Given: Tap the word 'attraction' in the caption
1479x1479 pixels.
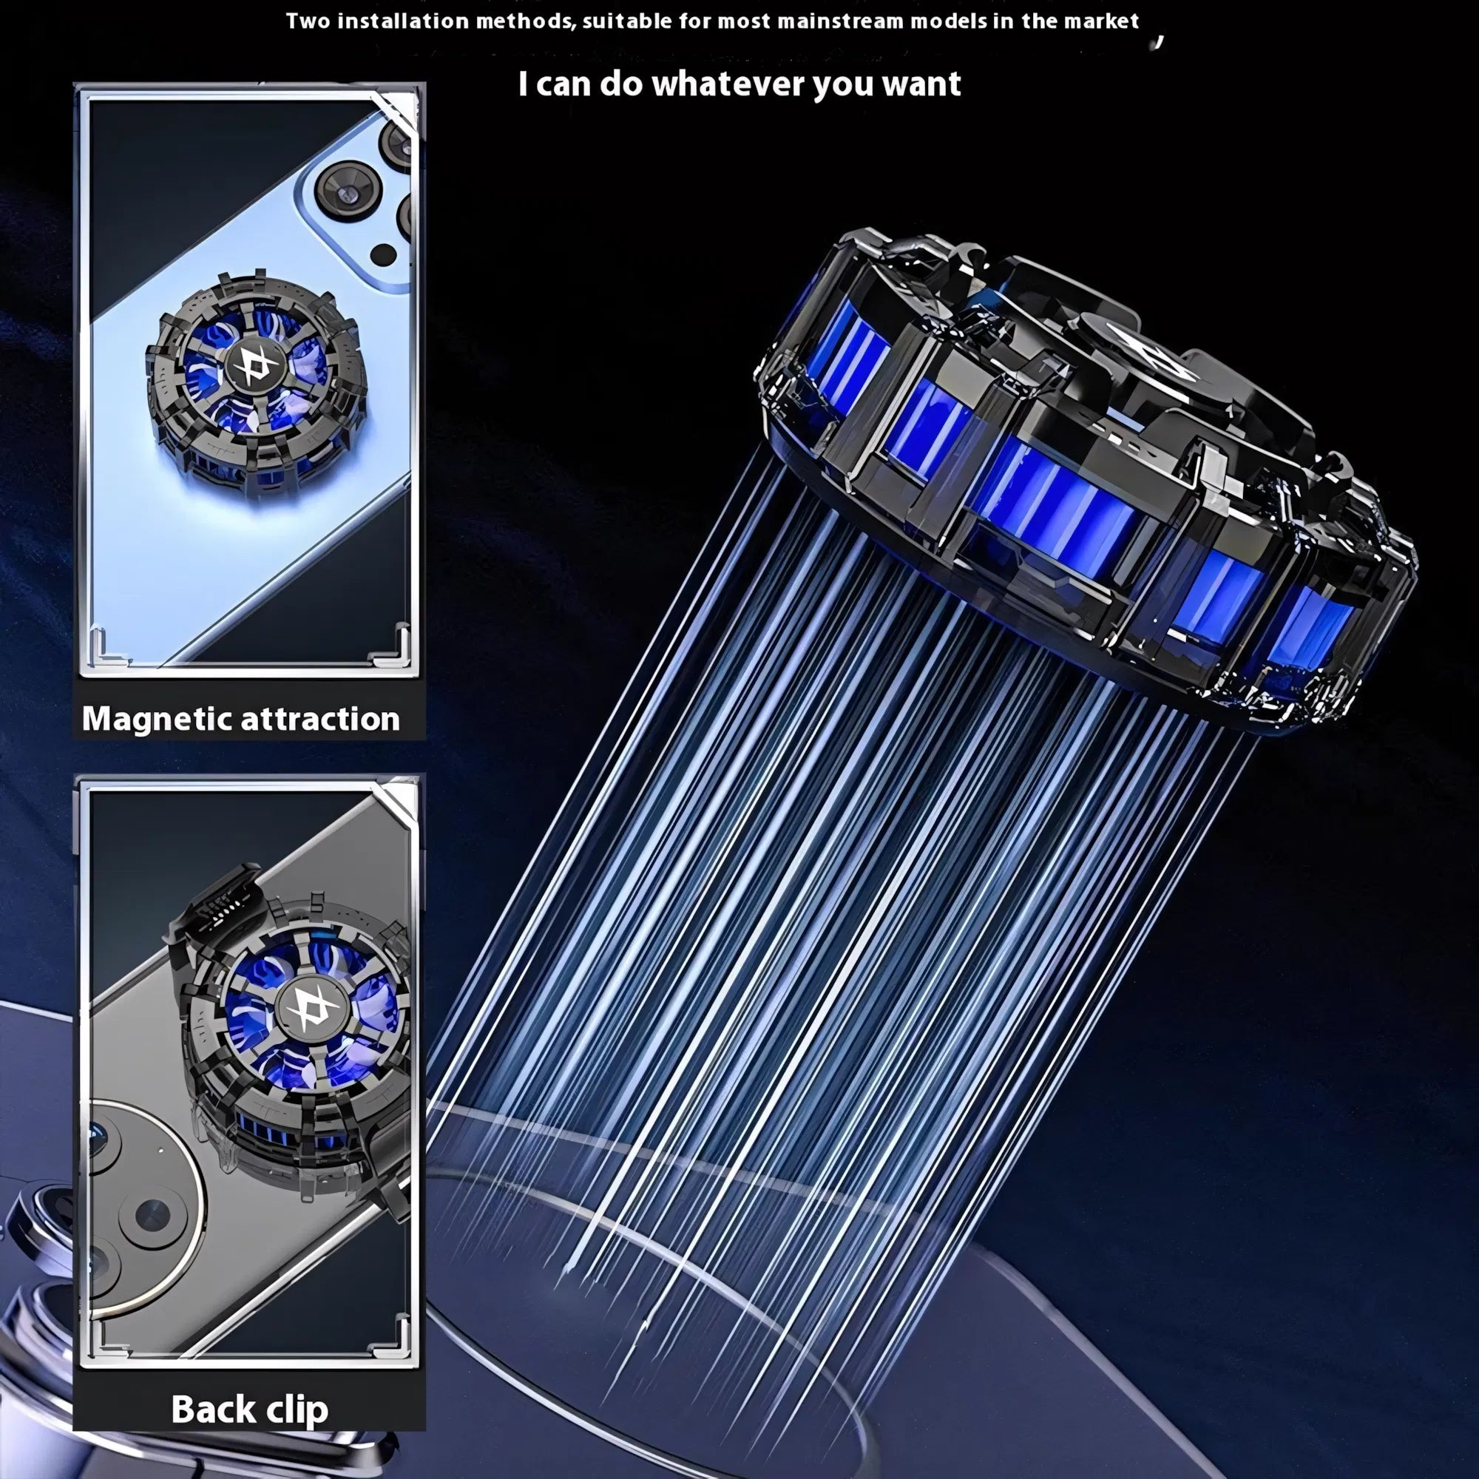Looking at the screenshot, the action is [x=320, y=719].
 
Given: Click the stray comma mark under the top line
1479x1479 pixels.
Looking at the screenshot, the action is [x=1159, y=42].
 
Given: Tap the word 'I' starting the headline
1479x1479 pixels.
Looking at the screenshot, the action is [x=523, y=84].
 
